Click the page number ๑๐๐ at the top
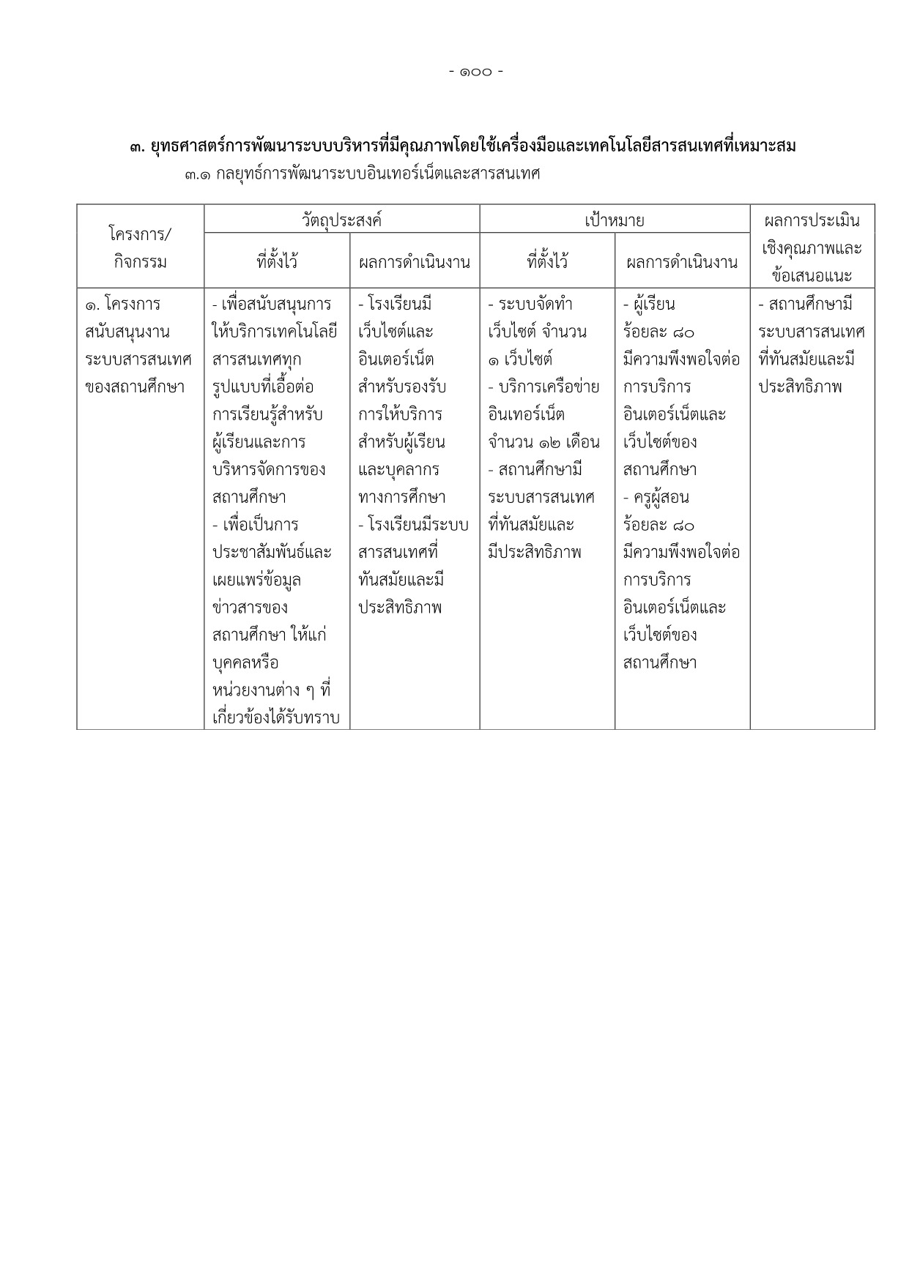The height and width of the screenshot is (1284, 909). pos(476,72)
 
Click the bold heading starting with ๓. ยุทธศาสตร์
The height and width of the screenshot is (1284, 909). pos(462,146)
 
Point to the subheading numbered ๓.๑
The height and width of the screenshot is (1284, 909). pos(363,175)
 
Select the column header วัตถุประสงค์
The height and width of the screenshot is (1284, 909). pos(341,220)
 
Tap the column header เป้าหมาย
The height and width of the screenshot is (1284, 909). pos(615,220)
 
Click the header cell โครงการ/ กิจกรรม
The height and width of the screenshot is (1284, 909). pos(140,248)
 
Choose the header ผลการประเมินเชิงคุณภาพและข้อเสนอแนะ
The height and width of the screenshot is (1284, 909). pos(812,248)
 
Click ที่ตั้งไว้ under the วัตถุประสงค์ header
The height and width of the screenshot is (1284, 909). pos(277,261)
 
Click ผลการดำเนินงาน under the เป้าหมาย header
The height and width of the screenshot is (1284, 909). pos(682,261)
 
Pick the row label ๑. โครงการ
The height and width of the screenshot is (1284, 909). pos(123,304)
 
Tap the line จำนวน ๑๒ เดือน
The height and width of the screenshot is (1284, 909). pos(543,442)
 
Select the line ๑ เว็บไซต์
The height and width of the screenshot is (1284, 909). pos(520,359)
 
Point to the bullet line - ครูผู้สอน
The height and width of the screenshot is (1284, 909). pos(656,498)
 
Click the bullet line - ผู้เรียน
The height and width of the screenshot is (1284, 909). pos(649,304)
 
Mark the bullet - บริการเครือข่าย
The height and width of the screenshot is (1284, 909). pos(543,387)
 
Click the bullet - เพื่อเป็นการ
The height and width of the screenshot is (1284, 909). pos(255,525)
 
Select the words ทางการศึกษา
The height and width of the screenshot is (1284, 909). pos(402,498)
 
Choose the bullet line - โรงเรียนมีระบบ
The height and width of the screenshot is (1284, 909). pos(413,525)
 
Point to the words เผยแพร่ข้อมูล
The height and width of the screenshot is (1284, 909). pos(256,581)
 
